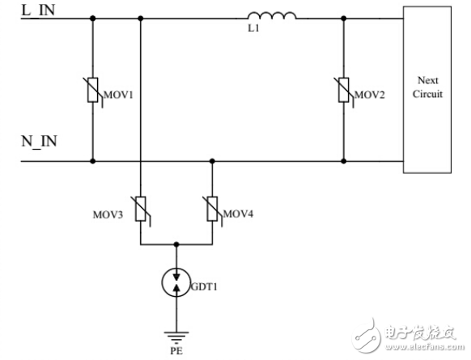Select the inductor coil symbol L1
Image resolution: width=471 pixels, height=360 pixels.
[271, 15]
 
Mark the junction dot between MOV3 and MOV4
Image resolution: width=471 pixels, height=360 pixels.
[176, 244]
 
